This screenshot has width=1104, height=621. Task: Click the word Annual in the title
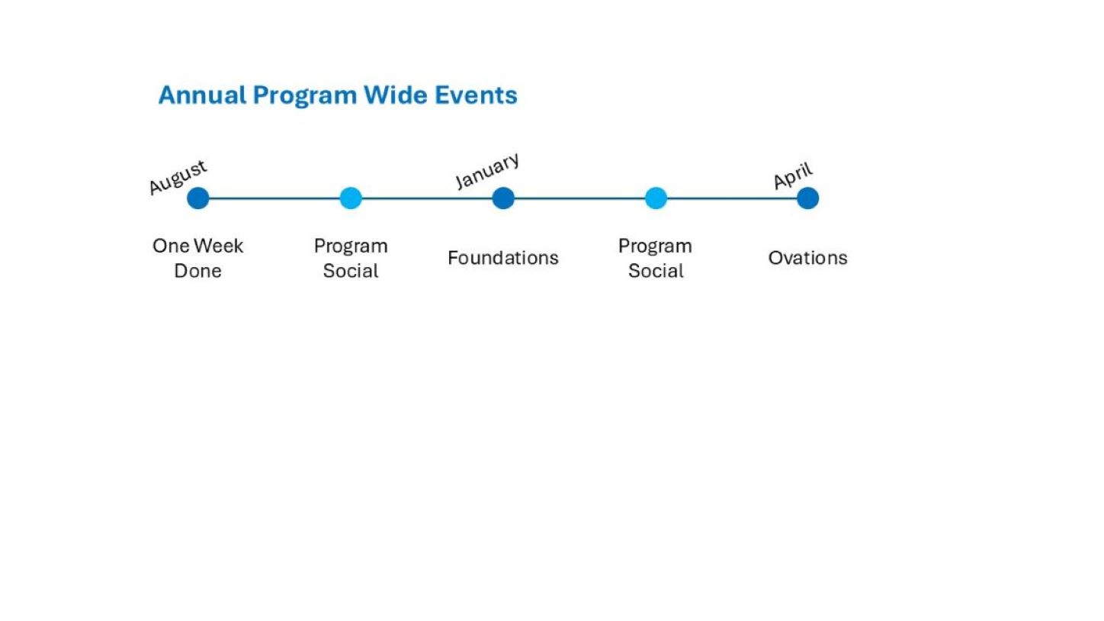(x=202, y=95)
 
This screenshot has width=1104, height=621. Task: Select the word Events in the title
(x=476, y=95)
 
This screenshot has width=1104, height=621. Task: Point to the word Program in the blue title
(x=304, y=95)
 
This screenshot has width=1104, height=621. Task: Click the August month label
(x=178, y=177)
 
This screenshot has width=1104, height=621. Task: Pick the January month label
(x=487, y=171)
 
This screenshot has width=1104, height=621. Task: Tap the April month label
(x=792, y=175)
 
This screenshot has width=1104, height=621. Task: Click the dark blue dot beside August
(x=198, y=198)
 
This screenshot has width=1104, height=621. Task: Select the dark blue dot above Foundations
(x=503, y=198)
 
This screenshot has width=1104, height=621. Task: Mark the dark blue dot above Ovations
(x=807, y=198)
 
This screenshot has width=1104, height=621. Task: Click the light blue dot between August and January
(x=351, y=198)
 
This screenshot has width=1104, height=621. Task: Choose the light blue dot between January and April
(x=656, y=198)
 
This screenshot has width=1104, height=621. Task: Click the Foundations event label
(x=503, y=258)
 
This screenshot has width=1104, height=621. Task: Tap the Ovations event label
(x=807, y=258)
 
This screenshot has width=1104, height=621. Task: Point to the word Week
(x=218, y=246)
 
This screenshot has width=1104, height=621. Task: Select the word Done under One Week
(x=197, y=271)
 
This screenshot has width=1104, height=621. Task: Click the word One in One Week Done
(x=171, y=246)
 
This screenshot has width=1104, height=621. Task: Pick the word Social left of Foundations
(x=351, y=271)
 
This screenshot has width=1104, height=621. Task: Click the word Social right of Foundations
(x=656, y=271)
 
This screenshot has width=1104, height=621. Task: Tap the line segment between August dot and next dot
(x=274, y=198)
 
